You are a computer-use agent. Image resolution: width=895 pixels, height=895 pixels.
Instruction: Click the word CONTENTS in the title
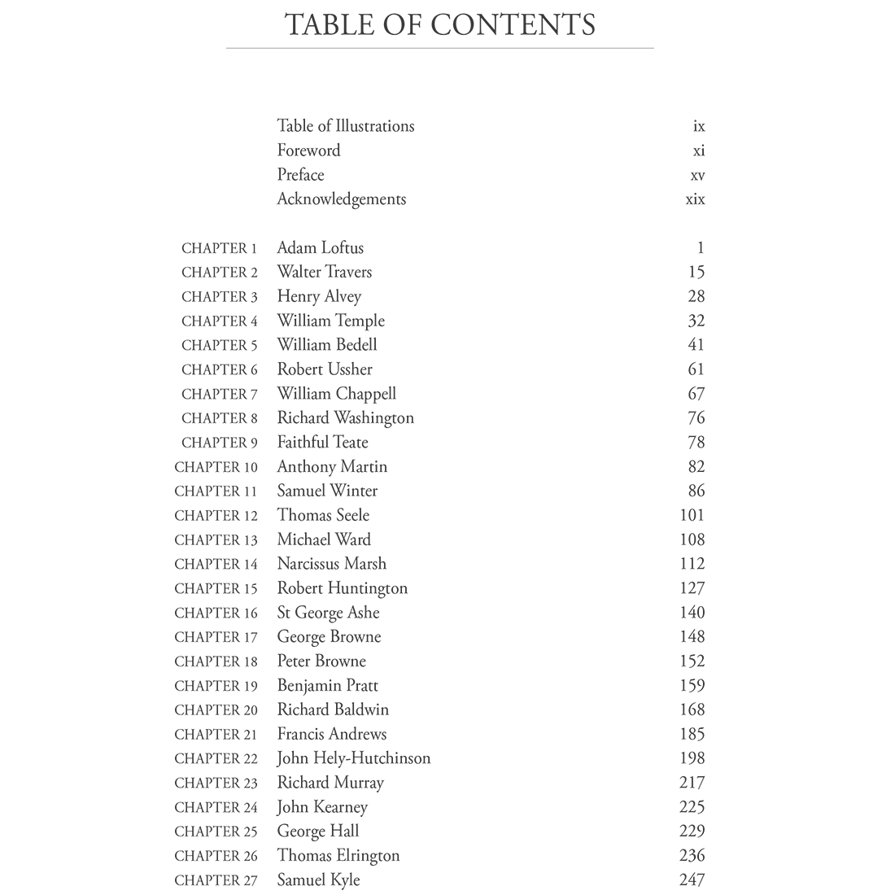pos(513,24)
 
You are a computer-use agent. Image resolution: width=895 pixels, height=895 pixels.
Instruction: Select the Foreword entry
pos(308,151)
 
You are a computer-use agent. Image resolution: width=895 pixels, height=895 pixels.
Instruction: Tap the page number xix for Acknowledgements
pos(695,199)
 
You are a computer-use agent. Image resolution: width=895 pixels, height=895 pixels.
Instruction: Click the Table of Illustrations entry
pos(345,126)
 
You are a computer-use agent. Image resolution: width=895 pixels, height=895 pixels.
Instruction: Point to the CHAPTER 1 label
pos(219,248)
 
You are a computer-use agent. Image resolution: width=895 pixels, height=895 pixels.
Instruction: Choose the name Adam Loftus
pos(320,248)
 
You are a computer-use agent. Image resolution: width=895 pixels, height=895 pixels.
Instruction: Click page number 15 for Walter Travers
pos(696,273)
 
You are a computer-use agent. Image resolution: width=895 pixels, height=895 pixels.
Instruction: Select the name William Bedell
pos(326,345)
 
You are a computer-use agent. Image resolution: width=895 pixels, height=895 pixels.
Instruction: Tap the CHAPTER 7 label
pos(219,394)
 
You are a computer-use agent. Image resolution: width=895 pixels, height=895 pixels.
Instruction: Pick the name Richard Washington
pos(345,418)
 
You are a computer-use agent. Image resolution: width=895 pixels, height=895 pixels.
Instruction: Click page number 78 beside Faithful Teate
pos(696,443)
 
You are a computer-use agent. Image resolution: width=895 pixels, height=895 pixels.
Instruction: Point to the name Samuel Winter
pos(327,491)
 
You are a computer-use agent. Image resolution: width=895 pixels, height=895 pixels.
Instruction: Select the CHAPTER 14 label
pos(216,564)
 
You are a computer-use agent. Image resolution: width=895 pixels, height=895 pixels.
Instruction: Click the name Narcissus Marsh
pos(331,564)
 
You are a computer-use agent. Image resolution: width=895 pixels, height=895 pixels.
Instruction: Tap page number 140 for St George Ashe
pos(692,613)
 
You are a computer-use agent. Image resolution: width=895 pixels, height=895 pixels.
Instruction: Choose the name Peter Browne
pos(321,661)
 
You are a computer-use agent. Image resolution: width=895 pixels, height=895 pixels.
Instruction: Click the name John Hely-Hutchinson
pos(353,758)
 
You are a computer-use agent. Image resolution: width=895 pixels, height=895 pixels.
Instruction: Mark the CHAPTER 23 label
pos(216,783)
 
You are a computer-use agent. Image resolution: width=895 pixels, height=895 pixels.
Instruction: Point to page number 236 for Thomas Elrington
pos(692,856)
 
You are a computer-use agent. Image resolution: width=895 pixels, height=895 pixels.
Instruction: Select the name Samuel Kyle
pos(318,880)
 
